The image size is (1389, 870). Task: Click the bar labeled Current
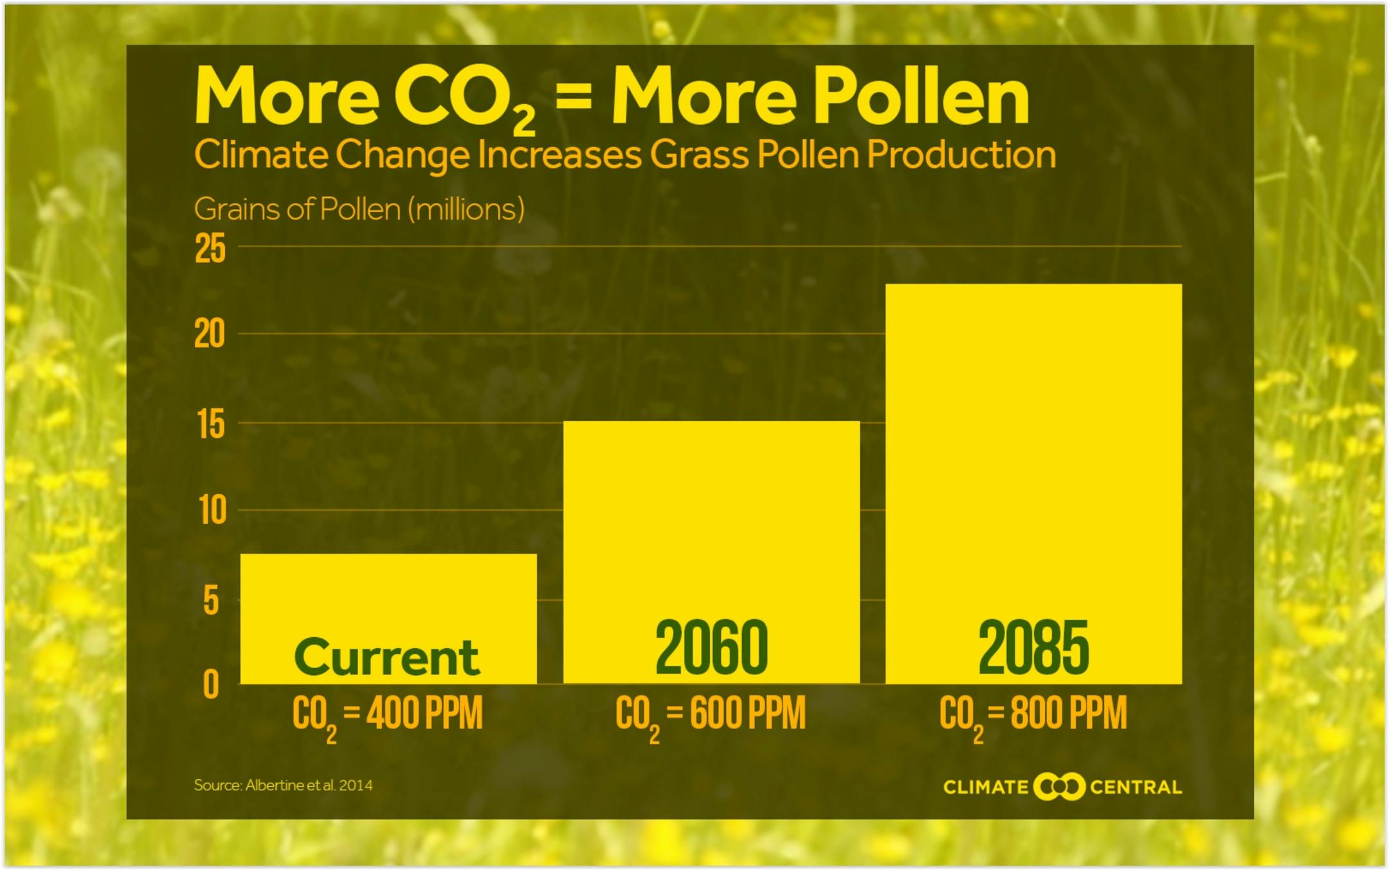coord(388,618)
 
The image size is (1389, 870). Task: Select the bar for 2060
coord(711,552)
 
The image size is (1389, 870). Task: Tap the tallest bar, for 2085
coord(1033,484)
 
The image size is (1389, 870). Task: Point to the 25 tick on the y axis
coord(210,248)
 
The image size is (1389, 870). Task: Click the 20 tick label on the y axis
coord(210,334)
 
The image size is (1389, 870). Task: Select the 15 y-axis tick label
coord(212,424)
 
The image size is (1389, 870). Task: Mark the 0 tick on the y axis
coord(211,684)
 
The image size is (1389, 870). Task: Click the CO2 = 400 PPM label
coord(387,717)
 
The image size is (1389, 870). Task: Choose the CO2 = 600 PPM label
coord(711,717)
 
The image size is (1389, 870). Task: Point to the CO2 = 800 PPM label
coord(1033,717)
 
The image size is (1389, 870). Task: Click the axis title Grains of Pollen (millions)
coord(359,209)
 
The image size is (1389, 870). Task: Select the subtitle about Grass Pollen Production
coord(625,155)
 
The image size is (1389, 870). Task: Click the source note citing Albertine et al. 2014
coord(283,785)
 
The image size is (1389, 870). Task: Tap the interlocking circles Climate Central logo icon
coord(1059,787)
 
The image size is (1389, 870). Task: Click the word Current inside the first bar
coord(387,657)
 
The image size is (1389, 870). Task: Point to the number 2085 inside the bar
coord(1033,648)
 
